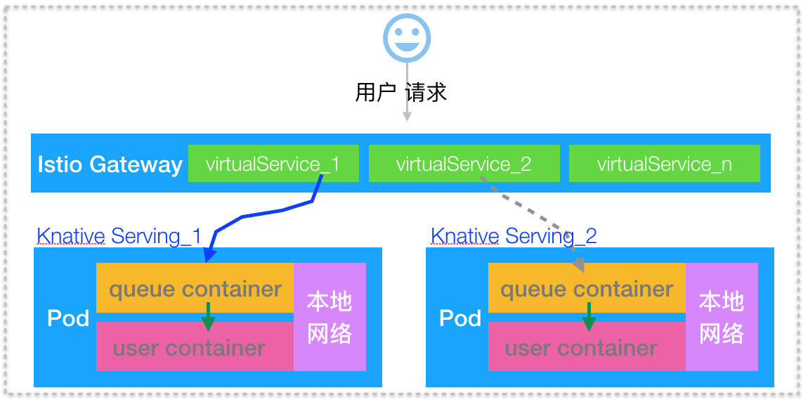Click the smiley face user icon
(407, 37)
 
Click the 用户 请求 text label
(400, 92)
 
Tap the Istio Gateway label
(110, 164)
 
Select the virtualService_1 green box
(273, 164)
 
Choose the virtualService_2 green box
(464, 164)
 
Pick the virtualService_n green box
(664, 164)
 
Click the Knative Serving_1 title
(119, 235)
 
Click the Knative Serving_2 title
(513, 235)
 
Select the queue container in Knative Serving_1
(195, 289)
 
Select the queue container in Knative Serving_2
(587, 289)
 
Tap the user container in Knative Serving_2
(581, 348)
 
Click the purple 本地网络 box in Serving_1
(330, 317)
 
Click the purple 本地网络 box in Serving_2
(722, 317)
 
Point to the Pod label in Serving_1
(68, 318)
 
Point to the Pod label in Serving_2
(460, 318)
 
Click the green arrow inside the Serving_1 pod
(208, 318)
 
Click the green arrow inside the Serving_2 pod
(589, 318)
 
